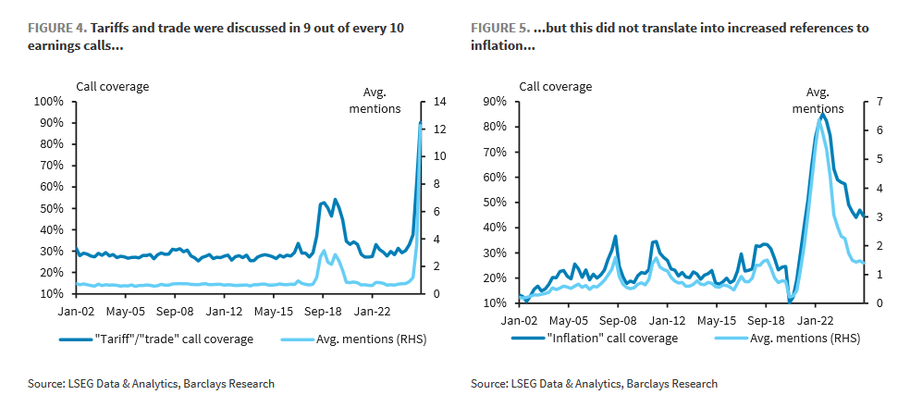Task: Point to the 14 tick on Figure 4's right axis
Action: tap(439, 101)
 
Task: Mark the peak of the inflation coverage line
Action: tap(822, 115)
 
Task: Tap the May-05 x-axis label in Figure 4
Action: tap(124, 313)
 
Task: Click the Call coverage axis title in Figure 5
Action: tap(555, 87)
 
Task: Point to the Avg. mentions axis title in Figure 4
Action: tap(380, 100)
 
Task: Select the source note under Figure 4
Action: tap(152, 383)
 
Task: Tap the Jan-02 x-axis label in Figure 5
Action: tap(521, 321)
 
